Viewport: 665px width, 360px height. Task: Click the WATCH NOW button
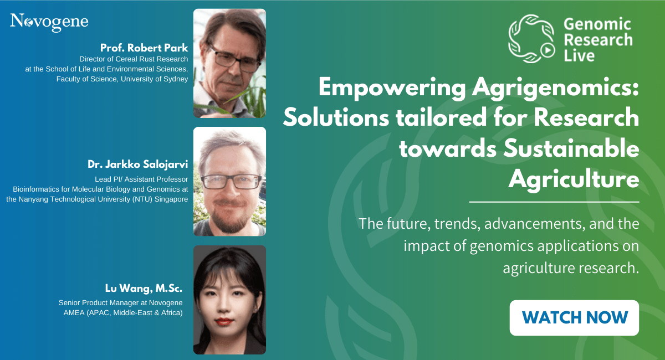(x=574, y=317)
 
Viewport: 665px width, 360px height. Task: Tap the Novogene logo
(x=49, y=22)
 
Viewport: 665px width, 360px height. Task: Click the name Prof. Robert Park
(x=144, y=48)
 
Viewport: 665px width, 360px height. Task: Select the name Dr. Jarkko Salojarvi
(x=138, y=164)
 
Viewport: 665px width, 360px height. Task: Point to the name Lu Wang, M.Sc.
(x=144, y=288)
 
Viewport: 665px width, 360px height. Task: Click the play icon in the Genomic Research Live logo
(x=547, y=50)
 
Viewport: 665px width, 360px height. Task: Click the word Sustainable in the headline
(x=571, y=148)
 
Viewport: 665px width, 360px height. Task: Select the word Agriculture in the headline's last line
(x=574, y=180)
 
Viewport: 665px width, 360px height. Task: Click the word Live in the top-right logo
(x=579, y=56)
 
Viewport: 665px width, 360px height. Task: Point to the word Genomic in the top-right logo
(x=597, y=24)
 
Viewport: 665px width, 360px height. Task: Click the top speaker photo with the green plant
(x=229, y=63)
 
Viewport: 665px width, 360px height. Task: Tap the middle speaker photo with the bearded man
(x=229, y=181)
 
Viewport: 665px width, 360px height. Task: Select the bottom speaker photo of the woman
(x=229, y=300)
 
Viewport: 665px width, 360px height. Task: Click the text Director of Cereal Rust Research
(x=134, y=59)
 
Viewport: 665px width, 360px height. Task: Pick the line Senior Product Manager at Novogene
(x=121, y=303)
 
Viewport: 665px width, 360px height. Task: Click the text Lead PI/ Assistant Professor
(x=141, y=179)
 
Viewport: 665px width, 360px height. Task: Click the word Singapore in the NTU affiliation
(x=171, y=199)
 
